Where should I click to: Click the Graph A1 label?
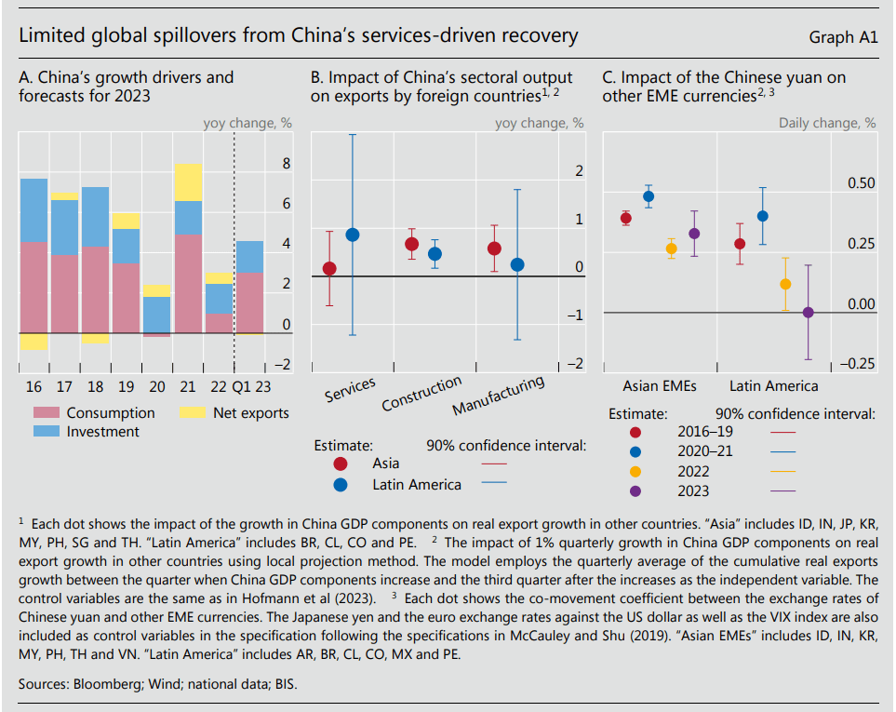click(x=844, y=37)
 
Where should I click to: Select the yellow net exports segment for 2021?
click(x=188, y=181)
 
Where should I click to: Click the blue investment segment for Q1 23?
click(x=248, y=257)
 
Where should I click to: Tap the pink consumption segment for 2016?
click(x=33, y=286)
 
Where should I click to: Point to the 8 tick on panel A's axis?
click(x=287, y=164)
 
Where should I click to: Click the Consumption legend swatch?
click(x=46, y=413)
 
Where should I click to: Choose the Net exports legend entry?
click(x=250, y=413)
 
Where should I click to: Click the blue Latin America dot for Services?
click(x=353, y=235)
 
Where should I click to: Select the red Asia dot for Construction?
click(x=411, y=244)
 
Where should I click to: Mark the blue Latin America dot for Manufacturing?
click(x=517, y=264)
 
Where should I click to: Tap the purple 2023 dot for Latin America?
click(x=808, y=312)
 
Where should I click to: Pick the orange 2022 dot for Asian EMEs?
click(x=672, y=249)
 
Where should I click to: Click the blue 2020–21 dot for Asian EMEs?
click(x=649, y=196)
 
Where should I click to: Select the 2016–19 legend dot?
click(x=635, y=432)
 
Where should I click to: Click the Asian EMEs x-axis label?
click(x=659, y=385)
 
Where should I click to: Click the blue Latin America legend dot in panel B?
click(x=341, y=484)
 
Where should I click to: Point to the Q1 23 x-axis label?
click(x=251, y=385)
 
